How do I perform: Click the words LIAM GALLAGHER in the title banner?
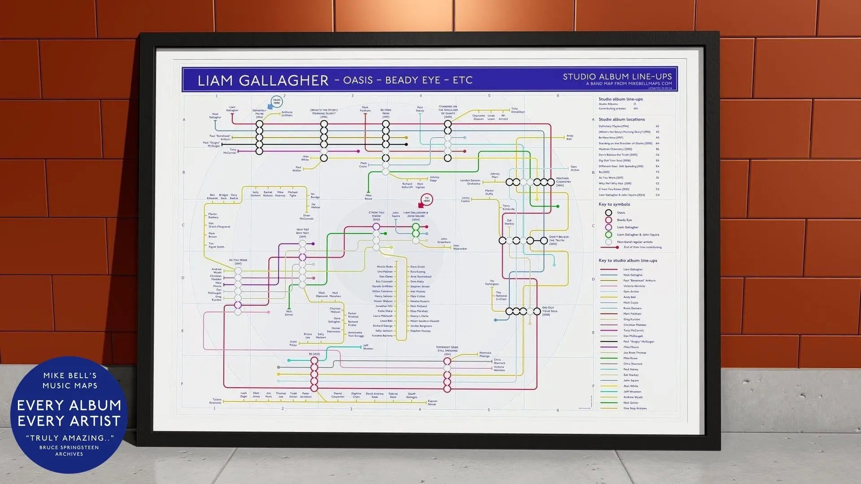[x=263, y=80]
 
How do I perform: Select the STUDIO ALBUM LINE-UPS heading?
[x=617, y=77]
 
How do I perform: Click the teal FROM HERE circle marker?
[x=276, y=101]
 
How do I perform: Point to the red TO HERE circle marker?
[x=427, y=199]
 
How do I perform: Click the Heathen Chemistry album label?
[x=563, y=181]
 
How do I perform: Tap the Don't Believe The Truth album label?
[x=559, y=240]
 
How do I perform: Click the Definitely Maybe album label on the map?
[x=259, y=113]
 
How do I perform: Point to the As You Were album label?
[x=238, y=261]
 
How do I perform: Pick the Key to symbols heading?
[x=614, y=205]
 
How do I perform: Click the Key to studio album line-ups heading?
[x=627, y=261]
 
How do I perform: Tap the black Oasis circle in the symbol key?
[x=608, y=213]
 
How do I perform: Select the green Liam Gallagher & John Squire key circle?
[x=608, y=235]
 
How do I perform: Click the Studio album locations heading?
[x=621, y=119]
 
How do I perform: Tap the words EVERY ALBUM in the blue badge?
[x=69, y=406]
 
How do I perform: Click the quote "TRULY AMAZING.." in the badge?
[x=70, y=438]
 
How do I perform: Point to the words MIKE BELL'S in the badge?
[x=70, y=375]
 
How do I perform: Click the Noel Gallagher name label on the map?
[x=215, y=116]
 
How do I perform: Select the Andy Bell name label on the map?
[x=569, y=137]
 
